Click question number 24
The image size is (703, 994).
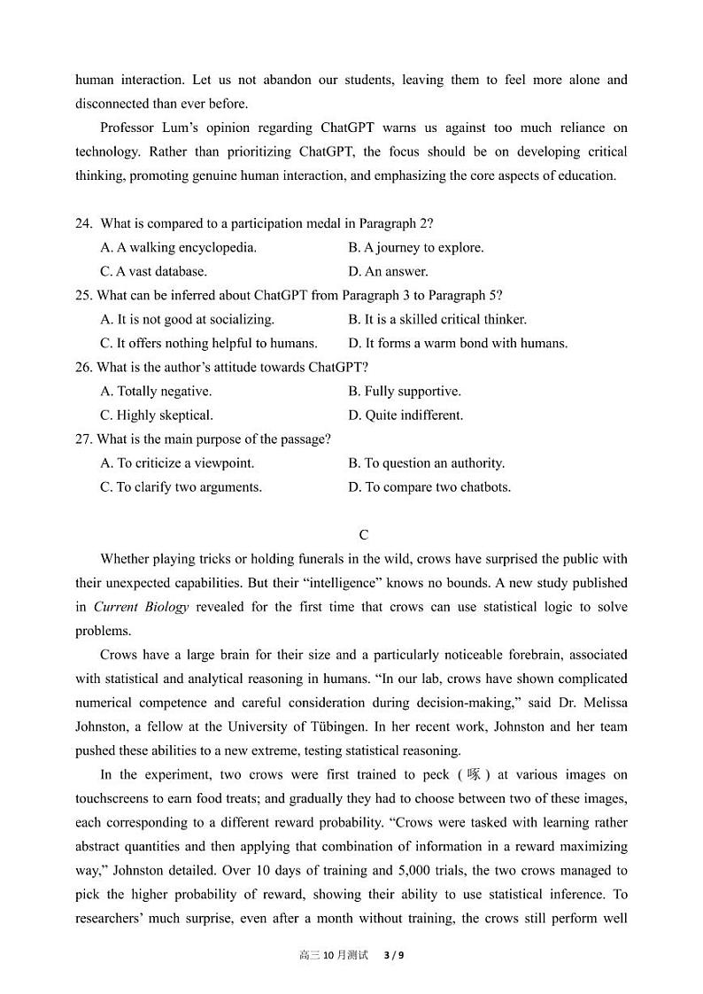click(83, 224)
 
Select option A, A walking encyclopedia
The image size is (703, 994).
click(178, 248)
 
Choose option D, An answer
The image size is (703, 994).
click(388, 272)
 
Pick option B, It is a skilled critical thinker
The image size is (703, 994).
click(436, 320)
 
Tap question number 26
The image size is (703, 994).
click(83, 368)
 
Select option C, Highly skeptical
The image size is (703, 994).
click(157, 415)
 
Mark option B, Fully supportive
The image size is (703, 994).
click(404, 392)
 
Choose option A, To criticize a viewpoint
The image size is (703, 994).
click(176, 463)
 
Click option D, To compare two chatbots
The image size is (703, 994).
click(429, 487)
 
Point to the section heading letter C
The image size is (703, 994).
click(364, 535)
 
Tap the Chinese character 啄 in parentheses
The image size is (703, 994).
click(475, 774)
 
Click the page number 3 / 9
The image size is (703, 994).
click(394, 955)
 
